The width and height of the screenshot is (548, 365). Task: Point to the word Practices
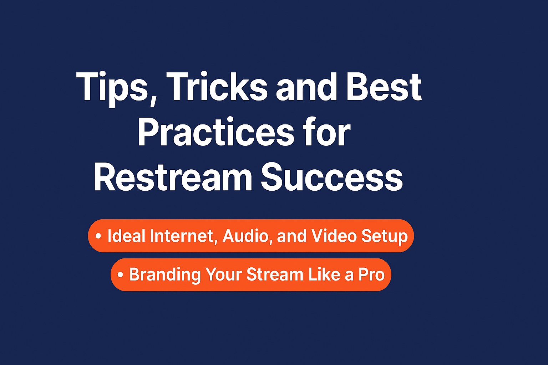click(216, 132)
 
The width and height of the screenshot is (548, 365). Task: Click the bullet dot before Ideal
click(98, 236)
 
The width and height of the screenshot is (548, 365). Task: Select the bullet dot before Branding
click(120, 274)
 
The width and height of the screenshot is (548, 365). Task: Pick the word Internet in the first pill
click(183, 236)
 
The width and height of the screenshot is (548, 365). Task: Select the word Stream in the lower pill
click(275, 274)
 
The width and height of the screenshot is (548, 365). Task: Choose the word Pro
click(371, 274)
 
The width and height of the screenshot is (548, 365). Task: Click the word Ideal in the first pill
click(127, 236)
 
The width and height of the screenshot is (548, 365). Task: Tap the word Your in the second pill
click(224, 274)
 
